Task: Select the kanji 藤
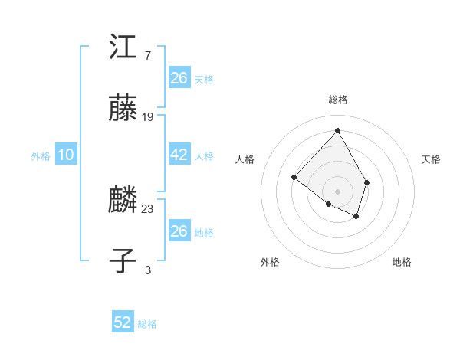pos(124,109)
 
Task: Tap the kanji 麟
pos(124,201)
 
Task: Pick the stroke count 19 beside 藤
pos(148,116)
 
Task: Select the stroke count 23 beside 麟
pos(148,208)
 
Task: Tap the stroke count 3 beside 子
pos(147,269)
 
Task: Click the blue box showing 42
pos(179,155)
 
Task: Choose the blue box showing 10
pos(66,155)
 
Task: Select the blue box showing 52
pos(123,322)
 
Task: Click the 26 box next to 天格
pos(179,77)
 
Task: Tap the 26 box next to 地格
pos(179,231)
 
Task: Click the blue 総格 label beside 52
pos(147,324)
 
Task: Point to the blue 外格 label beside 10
pos(41,156)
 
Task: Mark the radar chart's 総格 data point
pos(337,130)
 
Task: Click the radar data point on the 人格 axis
pos(294,178)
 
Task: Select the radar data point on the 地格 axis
pos(356,217)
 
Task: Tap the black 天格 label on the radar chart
pos(431,159)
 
